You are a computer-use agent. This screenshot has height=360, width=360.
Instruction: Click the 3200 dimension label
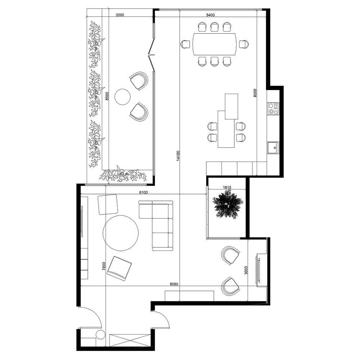[120, 15]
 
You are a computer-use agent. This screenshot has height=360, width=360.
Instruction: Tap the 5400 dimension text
[210, 15]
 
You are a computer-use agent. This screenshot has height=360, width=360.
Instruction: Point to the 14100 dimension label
[178, 156]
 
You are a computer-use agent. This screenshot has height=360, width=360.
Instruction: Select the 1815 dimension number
[227, 187]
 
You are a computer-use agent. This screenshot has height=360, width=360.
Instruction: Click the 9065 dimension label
[174, 284]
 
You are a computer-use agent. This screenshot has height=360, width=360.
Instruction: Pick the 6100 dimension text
[144, 192]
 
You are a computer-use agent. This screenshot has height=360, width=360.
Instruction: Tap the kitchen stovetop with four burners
[273, 109]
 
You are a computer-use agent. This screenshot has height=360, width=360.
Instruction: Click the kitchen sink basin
[273, 148]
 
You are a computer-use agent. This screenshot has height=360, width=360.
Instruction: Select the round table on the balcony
[122, 97]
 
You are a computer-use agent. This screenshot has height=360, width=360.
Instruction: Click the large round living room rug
[121, 233]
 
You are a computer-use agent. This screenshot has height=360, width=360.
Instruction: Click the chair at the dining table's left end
[185, 44]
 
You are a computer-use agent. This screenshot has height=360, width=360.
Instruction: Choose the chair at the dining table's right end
[244, 44]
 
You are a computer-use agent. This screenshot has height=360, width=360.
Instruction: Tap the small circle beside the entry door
[100, 334]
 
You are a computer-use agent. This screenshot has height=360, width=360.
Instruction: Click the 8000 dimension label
[255, 93]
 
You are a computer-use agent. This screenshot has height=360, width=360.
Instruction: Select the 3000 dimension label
[246, 270]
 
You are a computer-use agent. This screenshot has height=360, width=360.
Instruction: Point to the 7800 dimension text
[104, 266]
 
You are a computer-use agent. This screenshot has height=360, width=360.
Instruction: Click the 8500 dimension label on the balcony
[107, 96]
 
